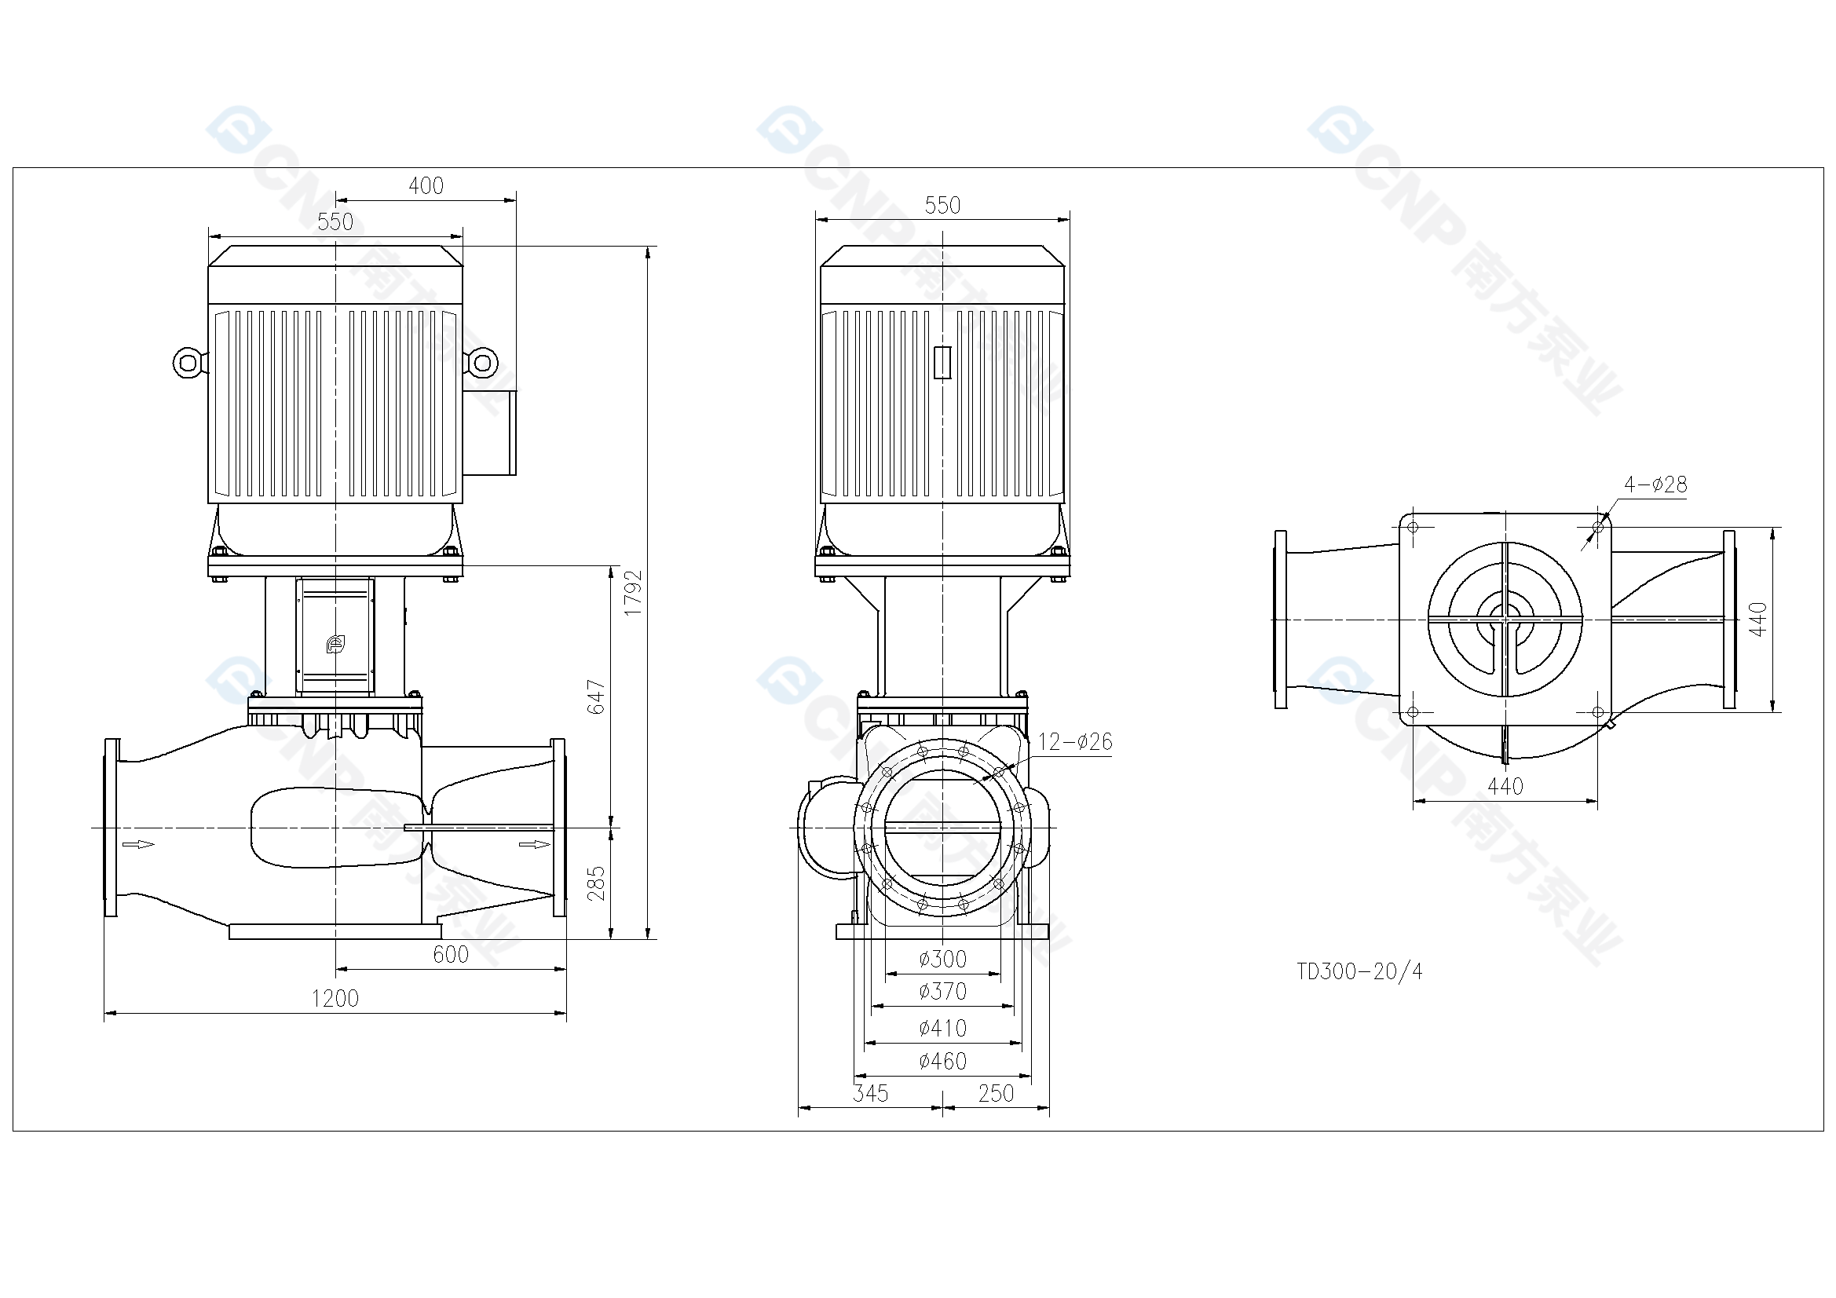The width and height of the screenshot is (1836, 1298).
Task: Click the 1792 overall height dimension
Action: coord(632,593)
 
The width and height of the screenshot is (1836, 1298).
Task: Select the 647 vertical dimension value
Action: coord(597,697)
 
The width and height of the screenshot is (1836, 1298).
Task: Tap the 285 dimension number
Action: coord(597,883)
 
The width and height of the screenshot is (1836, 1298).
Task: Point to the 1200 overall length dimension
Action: coord(335,998)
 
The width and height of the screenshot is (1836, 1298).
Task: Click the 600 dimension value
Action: coord(451,954)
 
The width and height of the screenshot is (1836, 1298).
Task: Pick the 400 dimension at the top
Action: coord(426,185)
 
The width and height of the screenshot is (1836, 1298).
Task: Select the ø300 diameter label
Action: coord(943,958)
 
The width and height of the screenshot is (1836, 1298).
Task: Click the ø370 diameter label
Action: coord(943,992)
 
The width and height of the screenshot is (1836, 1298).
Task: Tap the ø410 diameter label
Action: coord(943,1028)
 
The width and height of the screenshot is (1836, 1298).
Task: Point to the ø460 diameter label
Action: coord(943,1062)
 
